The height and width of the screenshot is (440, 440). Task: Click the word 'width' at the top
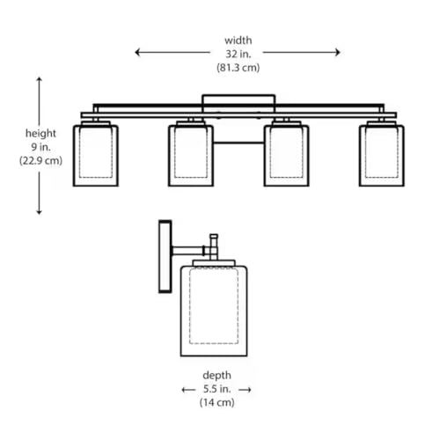(x=238, y=40)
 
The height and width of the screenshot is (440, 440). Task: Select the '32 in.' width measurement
(x=238, y=54)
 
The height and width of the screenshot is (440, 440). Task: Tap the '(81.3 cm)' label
(x=238, y=68)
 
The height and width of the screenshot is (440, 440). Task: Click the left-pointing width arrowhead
(x=137, y=53)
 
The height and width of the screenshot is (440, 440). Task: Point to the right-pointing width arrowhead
(x=338, y=53)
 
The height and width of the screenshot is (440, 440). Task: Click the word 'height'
(x=40, y=133)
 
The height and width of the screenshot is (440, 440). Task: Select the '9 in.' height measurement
(x=40, y=147)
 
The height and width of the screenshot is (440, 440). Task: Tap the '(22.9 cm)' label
(x=40, y=161)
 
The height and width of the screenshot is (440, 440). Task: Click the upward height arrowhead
(x=39, y=79)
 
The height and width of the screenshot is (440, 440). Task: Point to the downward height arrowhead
(x=39, y=212)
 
